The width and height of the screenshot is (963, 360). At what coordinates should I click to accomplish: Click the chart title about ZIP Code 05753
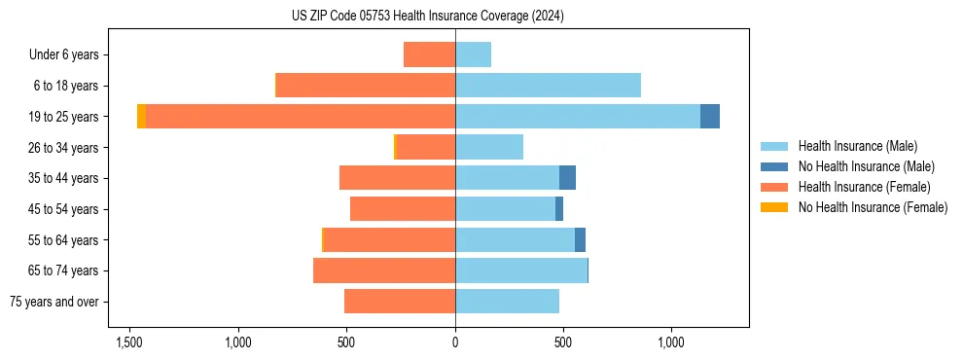[427, 17]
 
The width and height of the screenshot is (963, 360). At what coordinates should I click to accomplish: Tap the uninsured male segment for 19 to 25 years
[710, 117]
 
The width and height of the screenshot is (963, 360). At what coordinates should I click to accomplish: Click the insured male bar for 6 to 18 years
[548, 86]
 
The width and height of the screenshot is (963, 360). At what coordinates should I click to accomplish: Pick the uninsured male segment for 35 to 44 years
[567, 178]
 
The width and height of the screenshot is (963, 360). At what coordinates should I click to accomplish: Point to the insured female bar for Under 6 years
[429, 55]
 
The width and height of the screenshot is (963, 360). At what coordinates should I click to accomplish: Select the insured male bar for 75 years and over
[507, 302]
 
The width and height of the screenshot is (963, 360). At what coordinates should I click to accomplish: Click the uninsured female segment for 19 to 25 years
[141, 117]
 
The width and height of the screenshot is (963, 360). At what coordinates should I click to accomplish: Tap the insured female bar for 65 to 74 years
[384, 270]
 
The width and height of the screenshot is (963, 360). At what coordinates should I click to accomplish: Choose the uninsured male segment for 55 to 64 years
[580, 239]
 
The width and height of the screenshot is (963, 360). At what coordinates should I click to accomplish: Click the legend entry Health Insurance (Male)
[857, 146]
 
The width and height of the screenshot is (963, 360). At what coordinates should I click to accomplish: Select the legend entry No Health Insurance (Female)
[873, 207]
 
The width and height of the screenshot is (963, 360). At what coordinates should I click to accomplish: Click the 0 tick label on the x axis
[455, 343]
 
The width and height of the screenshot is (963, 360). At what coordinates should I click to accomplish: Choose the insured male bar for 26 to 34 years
[489, 148]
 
